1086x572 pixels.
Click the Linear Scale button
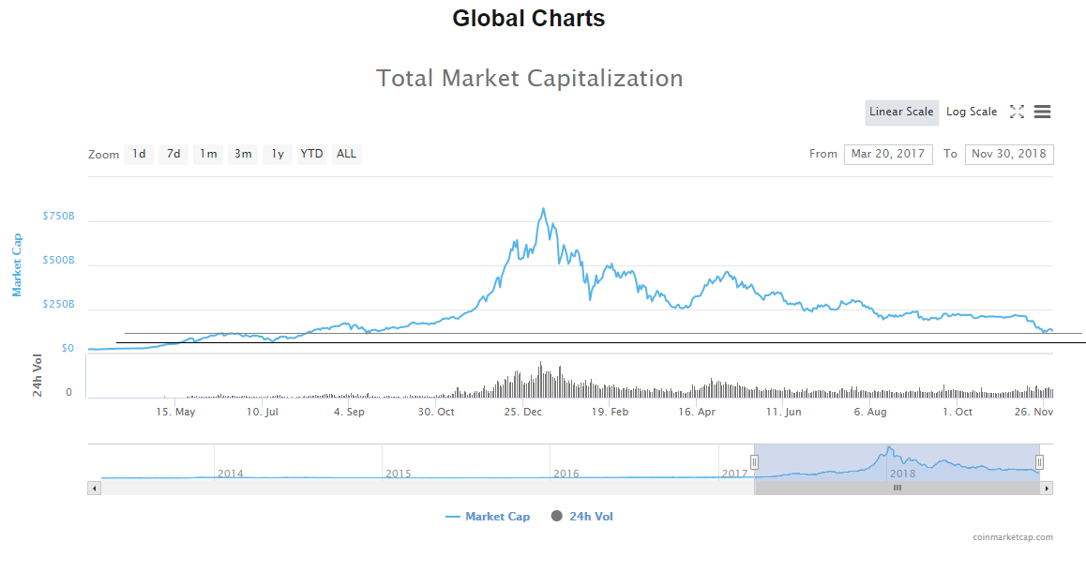pos(901,113)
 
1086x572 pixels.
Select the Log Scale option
pos(972,113)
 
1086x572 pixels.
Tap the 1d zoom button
pos(139,155)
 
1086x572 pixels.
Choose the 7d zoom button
pos(173,155)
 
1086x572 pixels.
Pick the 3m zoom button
pos(243,155)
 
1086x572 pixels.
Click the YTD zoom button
pos(311,155)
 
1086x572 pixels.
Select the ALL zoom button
pos(346,155)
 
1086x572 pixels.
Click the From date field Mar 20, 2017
pos(888,155)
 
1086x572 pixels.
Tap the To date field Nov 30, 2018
pos(1009,155)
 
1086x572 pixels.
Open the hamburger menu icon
pos(1042,113)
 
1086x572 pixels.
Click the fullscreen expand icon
pos(1017,113)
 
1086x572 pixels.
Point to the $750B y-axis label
pos(58,217)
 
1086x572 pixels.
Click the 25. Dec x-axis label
pos(523,412)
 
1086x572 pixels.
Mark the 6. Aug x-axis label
pos(870,412)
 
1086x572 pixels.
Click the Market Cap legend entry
pos(488,517)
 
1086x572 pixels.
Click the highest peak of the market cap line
pos(543,209)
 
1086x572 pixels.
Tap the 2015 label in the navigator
pos(399,474)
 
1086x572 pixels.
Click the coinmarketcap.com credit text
pos(1013,537)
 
